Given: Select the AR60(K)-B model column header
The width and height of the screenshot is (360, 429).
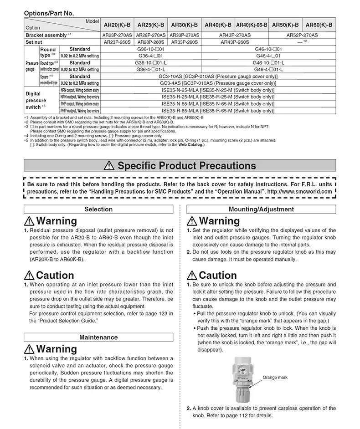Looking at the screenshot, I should (319, 25).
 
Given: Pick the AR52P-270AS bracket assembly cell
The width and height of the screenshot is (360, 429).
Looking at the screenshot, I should (302, 35).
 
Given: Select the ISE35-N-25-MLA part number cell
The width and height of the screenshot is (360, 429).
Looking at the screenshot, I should (218, 91).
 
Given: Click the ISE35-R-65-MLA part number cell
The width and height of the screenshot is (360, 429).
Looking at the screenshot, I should (218, 110).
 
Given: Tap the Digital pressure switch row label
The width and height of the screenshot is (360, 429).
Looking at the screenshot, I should (36, 101).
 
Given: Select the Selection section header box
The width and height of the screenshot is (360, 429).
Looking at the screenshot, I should (99, 209).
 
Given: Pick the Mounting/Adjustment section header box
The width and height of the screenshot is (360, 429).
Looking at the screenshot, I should (261, 209).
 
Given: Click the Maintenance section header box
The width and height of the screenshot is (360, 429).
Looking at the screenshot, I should (99, 337).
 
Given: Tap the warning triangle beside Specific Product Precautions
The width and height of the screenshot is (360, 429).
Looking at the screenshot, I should (109, 166).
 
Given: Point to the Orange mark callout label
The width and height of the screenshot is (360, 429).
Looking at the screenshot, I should (276, 378).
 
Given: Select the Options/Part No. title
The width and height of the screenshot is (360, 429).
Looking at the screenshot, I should (48, 14).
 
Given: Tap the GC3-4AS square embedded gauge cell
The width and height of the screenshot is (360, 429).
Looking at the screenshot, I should (218, 83).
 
